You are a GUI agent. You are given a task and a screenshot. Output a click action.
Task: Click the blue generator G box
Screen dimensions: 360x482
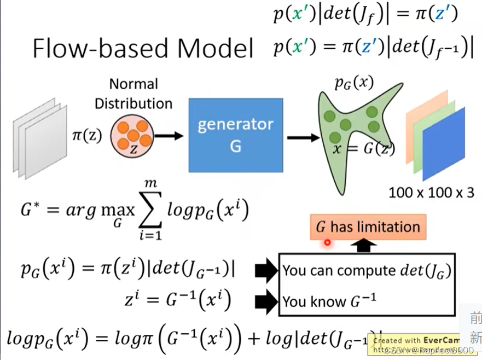(235, 135)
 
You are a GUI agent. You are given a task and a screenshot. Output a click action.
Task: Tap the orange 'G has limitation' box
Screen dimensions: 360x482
(367, 227)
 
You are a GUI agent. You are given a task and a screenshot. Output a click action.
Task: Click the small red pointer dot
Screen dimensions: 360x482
(327, 242)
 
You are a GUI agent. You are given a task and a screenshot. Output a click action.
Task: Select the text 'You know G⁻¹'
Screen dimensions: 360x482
(329, 301)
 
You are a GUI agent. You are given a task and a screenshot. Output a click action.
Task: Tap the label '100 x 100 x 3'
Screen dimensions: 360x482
(431, 192)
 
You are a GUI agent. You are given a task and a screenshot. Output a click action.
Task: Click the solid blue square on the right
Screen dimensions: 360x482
(443, 143)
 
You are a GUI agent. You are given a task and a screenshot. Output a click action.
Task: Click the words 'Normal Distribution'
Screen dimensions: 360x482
(133, 94)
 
